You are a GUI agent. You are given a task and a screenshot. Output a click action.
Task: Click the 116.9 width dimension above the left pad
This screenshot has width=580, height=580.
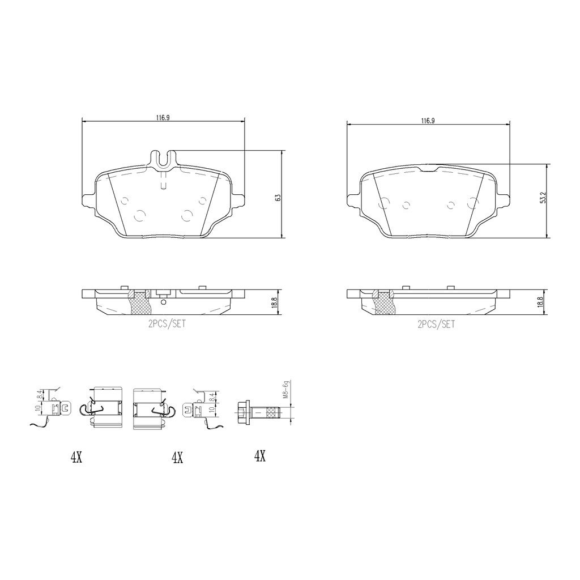pos(163,118)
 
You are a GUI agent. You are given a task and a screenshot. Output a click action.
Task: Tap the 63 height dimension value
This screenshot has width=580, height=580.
pos(278,198)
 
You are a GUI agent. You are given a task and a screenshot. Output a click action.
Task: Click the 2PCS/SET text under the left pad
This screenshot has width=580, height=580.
pos(167,324)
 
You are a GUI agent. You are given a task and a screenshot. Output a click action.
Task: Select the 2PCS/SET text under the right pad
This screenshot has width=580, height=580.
pos(436,325)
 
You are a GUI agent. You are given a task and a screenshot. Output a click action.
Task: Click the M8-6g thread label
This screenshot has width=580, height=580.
pos(285,390)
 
